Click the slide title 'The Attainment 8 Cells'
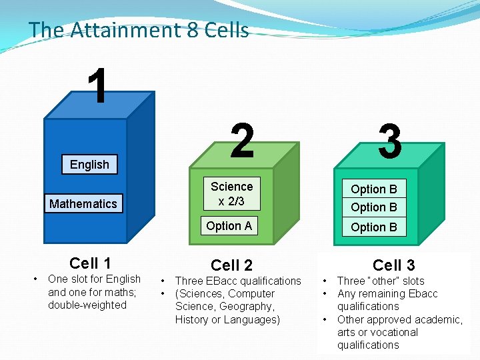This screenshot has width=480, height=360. coord(139,30)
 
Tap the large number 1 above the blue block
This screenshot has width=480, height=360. coord(99,86)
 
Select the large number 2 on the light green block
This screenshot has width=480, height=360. coord(243,141)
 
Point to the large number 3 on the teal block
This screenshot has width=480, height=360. coord(390,141)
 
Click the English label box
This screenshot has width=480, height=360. coord(89,165)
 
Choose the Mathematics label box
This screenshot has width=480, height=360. coord(83,203)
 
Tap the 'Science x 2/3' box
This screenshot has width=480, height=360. coord(231,193)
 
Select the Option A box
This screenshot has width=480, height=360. coord(229,226)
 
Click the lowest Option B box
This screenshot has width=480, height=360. coord(373,227)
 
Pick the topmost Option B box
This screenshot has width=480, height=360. coord(373,189)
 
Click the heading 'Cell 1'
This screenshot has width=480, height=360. coord(90,263)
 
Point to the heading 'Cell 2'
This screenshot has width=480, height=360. coord(231,265)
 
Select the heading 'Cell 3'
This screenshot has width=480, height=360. coord(393,265)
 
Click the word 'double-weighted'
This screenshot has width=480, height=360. coord(87,305)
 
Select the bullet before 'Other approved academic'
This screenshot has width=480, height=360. coord(324,319)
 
